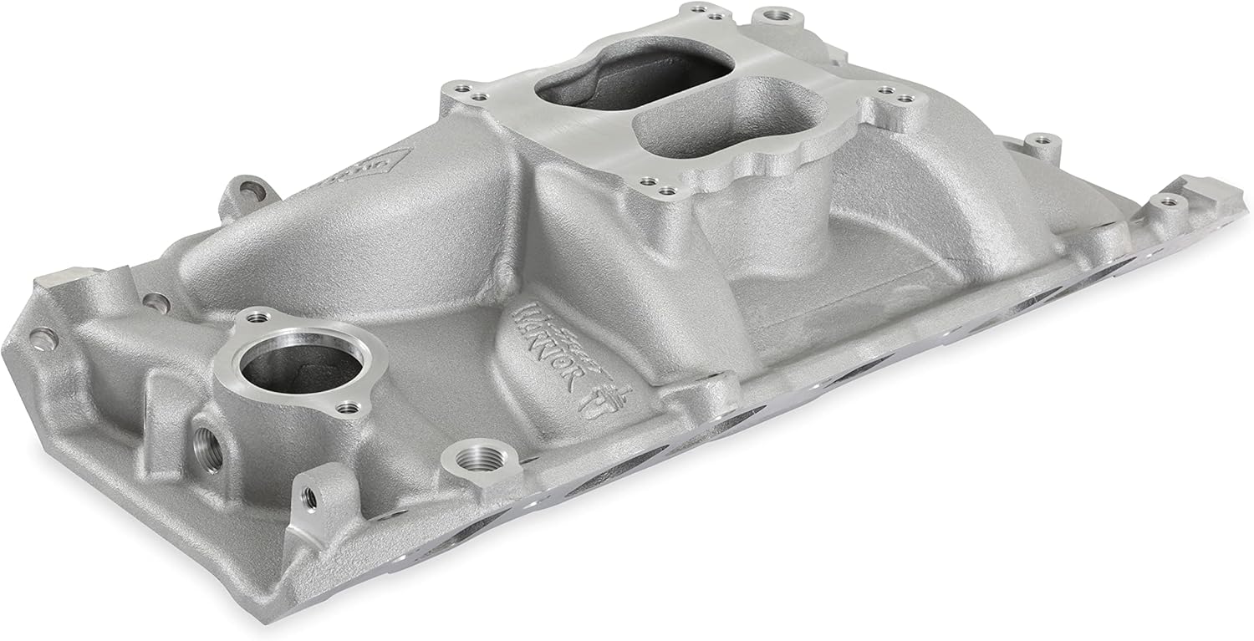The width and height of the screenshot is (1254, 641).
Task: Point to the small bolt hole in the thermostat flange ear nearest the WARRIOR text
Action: tap(350, 409)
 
